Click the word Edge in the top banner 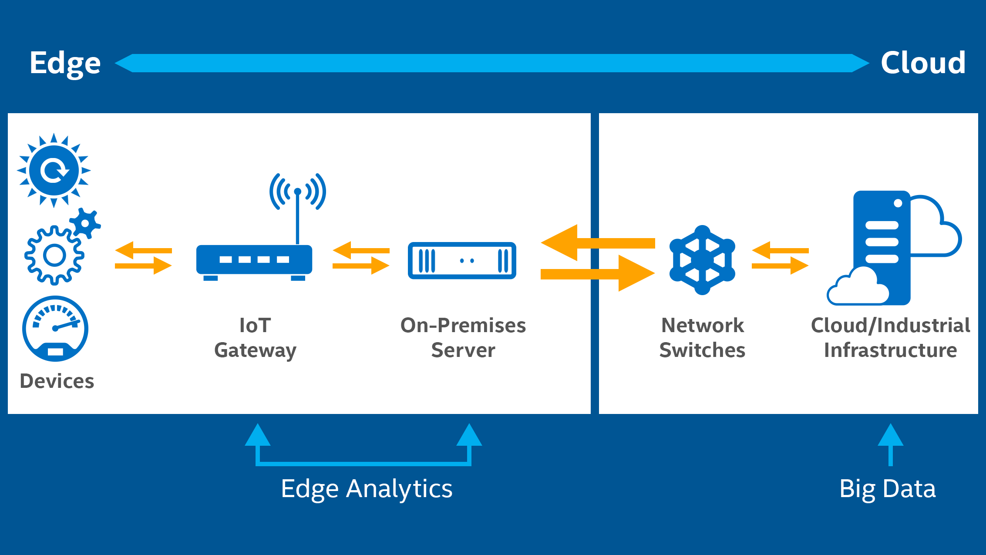click(65, 64)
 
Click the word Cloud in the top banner click(923, 63)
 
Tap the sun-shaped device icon click(54, 170)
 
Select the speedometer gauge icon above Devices click(55, 329)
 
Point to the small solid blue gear click(85, 223)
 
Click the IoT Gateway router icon click(254, 261)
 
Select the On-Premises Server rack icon click(462, 261)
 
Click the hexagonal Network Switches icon click(702, 260)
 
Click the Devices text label click(57, 381)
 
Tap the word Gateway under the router click(256, 351)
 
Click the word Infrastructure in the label click(891, 350)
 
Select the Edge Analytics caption click(367, 489)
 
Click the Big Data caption click(888, 489)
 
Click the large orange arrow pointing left click(598, 243)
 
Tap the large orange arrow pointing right click(598, 273)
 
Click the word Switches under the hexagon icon click(702, 350)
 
